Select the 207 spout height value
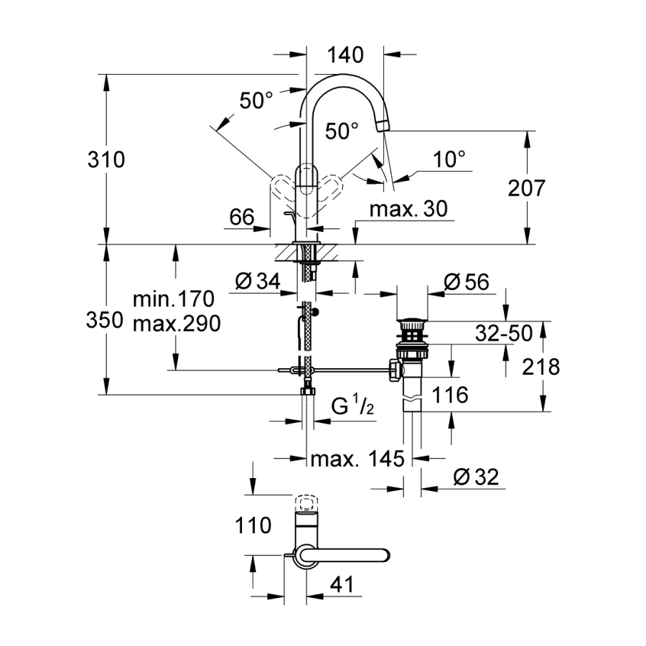pos(527,189)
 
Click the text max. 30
pos(408,209)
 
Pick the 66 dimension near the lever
pos(243,216)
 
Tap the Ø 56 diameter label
pos(467,282)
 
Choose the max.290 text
pos(176,323)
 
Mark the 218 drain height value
pos(541,367)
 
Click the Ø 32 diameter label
pos(476,477)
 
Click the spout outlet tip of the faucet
pos(383,126)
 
